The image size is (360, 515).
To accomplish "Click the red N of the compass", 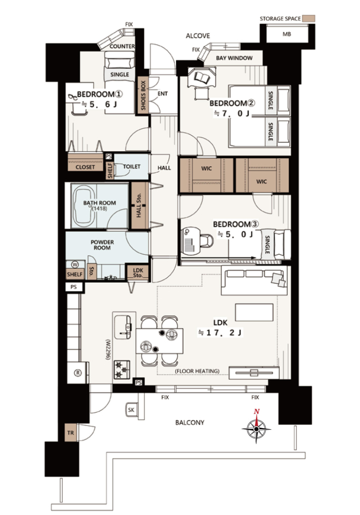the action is tap(257, 411).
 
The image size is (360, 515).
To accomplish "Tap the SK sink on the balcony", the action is tap(131, 410).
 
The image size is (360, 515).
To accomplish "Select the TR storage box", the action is tap(70, 433).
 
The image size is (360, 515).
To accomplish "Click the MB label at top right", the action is tap(286, 34).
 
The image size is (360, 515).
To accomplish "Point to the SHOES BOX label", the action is tap(143, 95).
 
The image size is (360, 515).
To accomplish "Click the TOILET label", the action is tap(131, 166).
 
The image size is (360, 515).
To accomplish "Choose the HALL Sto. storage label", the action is tap(139, 205).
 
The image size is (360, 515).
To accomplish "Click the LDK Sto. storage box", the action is tap(138, 273).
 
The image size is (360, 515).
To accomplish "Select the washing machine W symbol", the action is tap(75, 264).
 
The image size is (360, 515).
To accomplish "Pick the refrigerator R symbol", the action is tap(78, 373).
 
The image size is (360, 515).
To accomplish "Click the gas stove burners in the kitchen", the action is tap(122, 370).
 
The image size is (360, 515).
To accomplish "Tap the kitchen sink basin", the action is tap(122, 327).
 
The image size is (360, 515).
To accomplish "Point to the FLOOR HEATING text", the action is tap(197, 371).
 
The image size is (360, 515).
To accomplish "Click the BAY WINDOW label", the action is tap(234, 58).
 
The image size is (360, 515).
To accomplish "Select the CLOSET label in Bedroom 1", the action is tap(85, 167).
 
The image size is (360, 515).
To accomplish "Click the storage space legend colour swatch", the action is tap(308, 18).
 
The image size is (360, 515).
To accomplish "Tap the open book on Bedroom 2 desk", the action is tap(201, 77).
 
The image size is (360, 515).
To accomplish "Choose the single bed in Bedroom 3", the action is tap(275, 245).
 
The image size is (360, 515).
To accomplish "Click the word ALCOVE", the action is tap(198, 36).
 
